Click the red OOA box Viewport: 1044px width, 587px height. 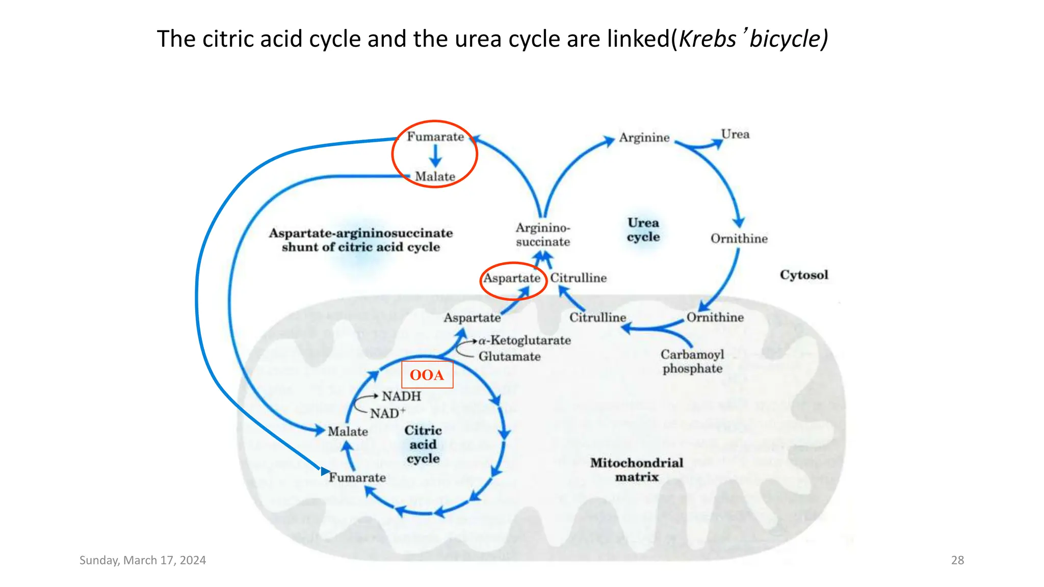pyautogui.click(x=427, y=375)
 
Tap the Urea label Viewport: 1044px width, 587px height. pyautogui.click(x=735, y=135)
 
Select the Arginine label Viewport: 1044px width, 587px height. pyautogui.click(x=644, y=138)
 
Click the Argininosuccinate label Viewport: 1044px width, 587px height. pyautogui.click(x=543, y=235)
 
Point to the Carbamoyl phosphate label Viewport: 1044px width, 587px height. pyautogui.click(x=692, y=361)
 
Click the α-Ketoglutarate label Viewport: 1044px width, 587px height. pyautogui.click(x=525, y=340)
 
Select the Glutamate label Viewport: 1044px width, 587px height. pyautogui.click(x=509, y=357)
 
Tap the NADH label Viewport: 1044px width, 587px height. pyautogui.click(x=402, y=396)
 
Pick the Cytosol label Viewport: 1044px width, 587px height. pyautogui.click(x=804, y=275)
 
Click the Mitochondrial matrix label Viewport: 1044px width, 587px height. pyautogui.click(x=637, y=470)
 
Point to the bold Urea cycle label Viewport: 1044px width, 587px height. pyautogui.click(x=643, y=230)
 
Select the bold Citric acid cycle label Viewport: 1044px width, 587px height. pyautogui.click(x=423, y=444)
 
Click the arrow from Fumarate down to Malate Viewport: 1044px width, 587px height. pyautogui.click(x=435, y=156)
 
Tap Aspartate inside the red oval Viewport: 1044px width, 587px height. pyautogui.click(x=511, y=278)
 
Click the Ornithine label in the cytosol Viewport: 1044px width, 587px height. pyautogui.click(x=739, y=239)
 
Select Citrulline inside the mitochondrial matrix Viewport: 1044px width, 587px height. pyautogui.click(x=597, y=318)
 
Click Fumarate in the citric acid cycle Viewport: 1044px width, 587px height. pyautogui.click(x=357, y=478)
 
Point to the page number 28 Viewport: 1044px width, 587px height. pyautogui.click(x=957, y=561)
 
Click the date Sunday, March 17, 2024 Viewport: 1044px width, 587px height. pyautogui.click(x=143, y=561)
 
